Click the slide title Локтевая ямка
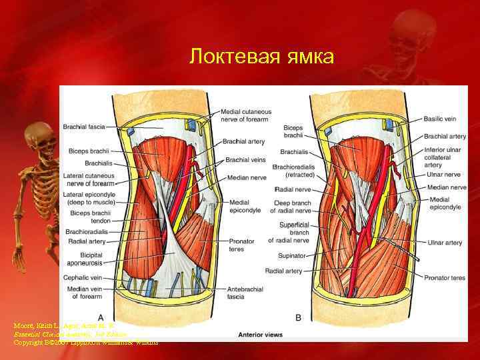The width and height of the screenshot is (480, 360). pyautogui.click(x=261, y=56)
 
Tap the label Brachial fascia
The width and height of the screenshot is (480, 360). pyautogui.click(x=83, y=126)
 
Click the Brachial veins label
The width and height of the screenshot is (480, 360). pyautogui.click(x=245, y=160)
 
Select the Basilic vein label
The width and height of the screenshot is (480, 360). pyautogui.click(x=441, y=119)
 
